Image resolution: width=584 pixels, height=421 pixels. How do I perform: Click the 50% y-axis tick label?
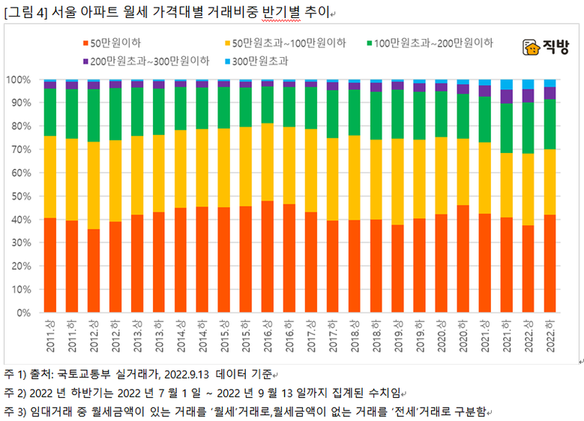[19, 196]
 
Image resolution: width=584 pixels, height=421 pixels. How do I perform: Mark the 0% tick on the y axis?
[22, 312]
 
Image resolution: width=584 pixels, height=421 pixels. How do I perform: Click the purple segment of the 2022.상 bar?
[528, 95]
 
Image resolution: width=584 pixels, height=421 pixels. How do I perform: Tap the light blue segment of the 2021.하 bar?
[506, 84]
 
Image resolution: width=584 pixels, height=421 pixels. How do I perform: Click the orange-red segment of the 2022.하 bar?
[550, 263]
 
